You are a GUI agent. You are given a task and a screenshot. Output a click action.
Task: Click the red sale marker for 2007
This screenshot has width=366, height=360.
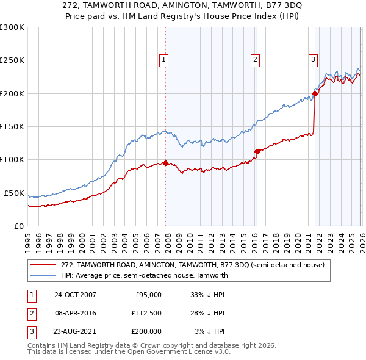pyautogui.click(x=165, y=163)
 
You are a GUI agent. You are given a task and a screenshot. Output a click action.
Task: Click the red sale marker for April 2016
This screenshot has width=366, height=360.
pyautogui.click(x=257, y=151)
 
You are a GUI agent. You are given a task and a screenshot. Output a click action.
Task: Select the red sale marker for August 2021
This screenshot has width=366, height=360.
pyautogui.click(x=315, y=93)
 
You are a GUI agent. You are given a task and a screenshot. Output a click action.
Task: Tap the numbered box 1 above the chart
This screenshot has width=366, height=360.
pyautogui.click(x=165, y=59)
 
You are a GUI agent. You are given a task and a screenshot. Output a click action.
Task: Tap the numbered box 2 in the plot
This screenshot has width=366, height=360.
pyautogui.click(x=254, y=59)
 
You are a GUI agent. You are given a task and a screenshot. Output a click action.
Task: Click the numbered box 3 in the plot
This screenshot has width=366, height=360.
pyautogui.click(x=312, y=59)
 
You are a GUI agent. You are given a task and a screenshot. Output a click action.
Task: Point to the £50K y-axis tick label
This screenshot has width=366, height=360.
pyautogui.click(x=14, y=193)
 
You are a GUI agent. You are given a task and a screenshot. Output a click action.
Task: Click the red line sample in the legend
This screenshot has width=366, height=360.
pyautogui.click(x=43, y=265)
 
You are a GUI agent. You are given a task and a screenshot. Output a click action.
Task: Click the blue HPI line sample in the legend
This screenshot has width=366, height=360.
pyautogui.click(x=43, y=275)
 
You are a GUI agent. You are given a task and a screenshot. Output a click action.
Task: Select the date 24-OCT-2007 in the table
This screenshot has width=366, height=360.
pyautogui.click(x=75, y=295)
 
